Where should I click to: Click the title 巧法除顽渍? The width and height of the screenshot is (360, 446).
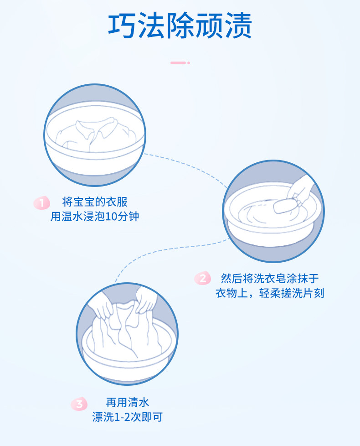(180, 26)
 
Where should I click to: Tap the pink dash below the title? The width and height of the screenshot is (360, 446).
(180, 62)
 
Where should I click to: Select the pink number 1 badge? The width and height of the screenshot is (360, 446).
(42, 203)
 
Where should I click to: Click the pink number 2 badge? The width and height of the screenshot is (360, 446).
(203, 278)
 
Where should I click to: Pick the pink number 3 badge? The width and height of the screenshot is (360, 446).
(79, 404)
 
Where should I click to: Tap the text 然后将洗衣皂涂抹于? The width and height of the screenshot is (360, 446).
(269, 278)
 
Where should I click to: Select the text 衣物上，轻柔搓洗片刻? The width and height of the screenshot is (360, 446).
(269, 293)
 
